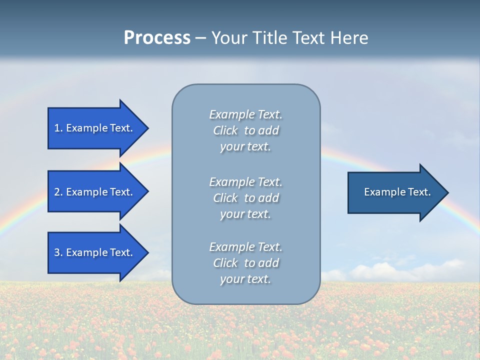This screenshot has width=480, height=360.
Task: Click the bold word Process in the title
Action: pyautogui.click(x=157, y=38)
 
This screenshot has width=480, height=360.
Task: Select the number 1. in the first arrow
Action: pyautogui.click(x=58, y=128)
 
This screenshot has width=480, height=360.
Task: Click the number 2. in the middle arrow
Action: pyautogui.click(x=58, y=192)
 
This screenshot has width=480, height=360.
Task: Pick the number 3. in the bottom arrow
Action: pyautogui.click(x=58, y=252)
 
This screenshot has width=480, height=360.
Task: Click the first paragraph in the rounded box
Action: pyautogui.click(x=245, y=130)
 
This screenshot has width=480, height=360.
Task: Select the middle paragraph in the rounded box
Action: pyautogui.click(x=245, y=198)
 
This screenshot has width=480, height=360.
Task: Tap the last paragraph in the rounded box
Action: pyautogui.click(x=245, y=263)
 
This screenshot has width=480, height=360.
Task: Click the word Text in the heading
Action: pyautogui.click(x=309, y=38)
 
